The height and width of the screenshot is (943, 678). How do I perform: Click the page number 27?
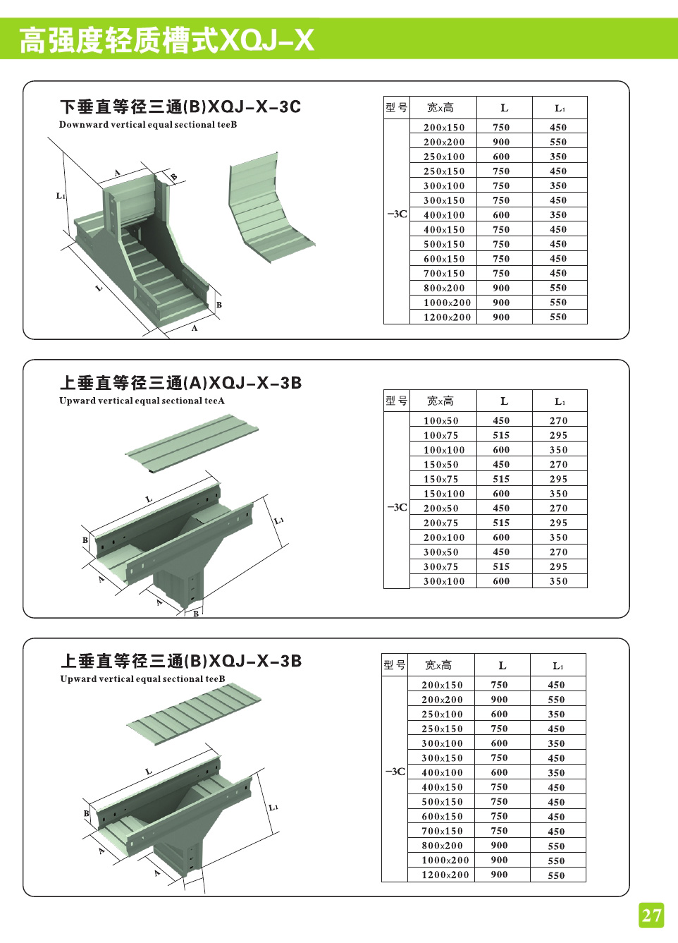tap(651, 915)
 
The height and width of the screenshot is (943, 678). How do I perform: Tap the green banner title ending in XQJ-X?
tap(166, 40)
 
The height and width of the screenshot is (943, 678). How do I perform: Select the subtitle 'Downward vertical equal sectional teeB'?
tap(148, 125)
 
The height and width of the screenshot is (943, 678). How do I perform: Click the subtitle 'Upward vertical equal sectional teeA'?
tap(142, 401)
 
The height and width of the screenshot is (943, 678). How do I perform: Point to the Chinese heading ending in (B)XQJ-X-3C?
tap(180, 107)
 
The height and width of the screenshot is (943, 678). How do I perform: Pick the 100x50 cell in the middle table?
tap(441, 420)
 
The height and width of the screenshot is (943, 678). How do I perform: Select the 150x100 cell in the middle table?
tap(444, 494)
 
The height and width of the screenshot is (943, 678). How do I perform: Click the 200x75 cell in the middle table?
tap(441, 523)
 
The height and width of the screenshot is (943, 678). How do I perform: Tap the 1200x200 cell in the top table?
tap(447, 317)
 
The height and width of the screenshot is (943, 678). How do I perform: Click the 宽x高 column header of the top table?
tap(440, 108)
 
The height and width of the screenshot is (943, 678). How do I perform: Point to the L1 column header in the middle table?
tap(560, 401)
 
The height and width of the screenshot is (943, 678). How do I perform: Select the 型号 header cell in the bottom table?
tap(395, 665)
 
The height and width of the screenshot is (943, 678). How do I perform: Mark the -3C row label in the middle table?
tap(397, 507)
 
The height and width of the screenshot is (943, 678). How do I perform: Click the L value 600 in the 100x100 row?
tap(501, 450)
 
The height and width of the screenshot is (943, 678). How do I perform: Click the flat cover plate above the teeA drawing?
tap(192, 443)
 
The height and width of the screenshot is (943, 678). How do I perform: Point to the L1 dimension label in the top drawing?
tap(61, 196)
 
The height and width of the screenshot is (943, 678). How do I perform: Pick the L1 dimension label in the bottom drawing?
tap(273, 807)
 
